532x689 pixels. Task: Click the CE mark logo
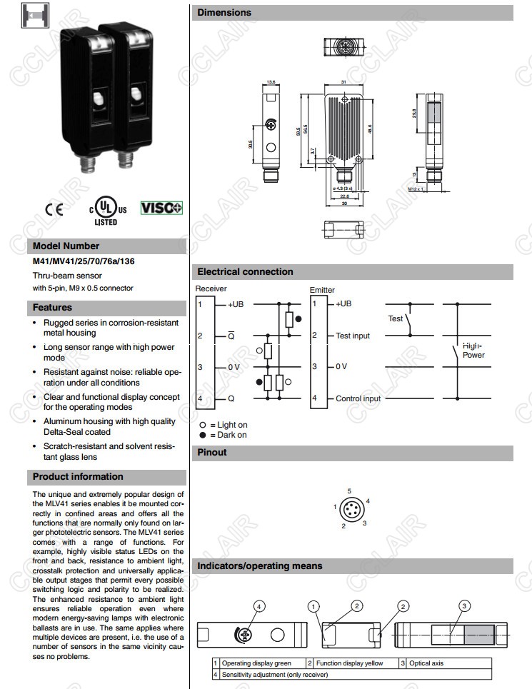pyautogui.click(x=54, y=209)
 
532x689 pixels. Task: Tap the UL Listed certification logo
pyautogui.click(x=107, y=211)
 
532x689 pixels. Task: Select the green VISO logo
pyautogui.click(x=161, y=208)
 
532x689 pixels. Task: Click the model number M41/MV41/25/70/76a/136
pyautogui.click(x=84, y=261)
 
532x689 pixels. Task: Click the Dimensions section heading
pyautogui.click(x=224, y=12)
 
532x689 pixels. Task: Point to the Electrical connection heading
pyautogui.click(x=245, y=271)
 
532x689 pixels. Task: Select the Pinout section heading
pyautogui.click(x=212, y=452)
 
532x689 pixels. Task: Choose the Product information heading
pyautogui.click(x=78, y=476)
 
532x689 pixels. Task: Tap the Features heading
pyautogui.click(x=52, y=307)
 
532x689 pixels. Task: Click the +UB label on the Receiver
pyautogui.click(x=236, y=304)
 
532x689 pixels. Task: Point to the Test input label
pyautogui.click(x=353, y=336)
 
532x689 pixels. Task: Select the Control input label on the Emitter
pyautogui.click(x=358, y=398)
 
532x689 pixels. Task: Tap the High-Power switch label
pyautogui.click(x=473, y=350)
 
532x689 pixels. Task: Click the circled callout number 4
pyautogui.click(x=260, y=606)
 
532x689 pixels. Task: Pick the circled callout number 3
pyautogui.click(x=464, y=606)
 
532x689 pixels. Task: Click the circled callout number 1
pyautogui.click(x=313, y=606)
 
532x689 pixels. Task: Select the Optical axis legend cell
pyautogui.click(x=426, y=663)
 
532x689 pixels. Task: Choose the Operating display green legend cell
pyautogui.click(x=256, y=663)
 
